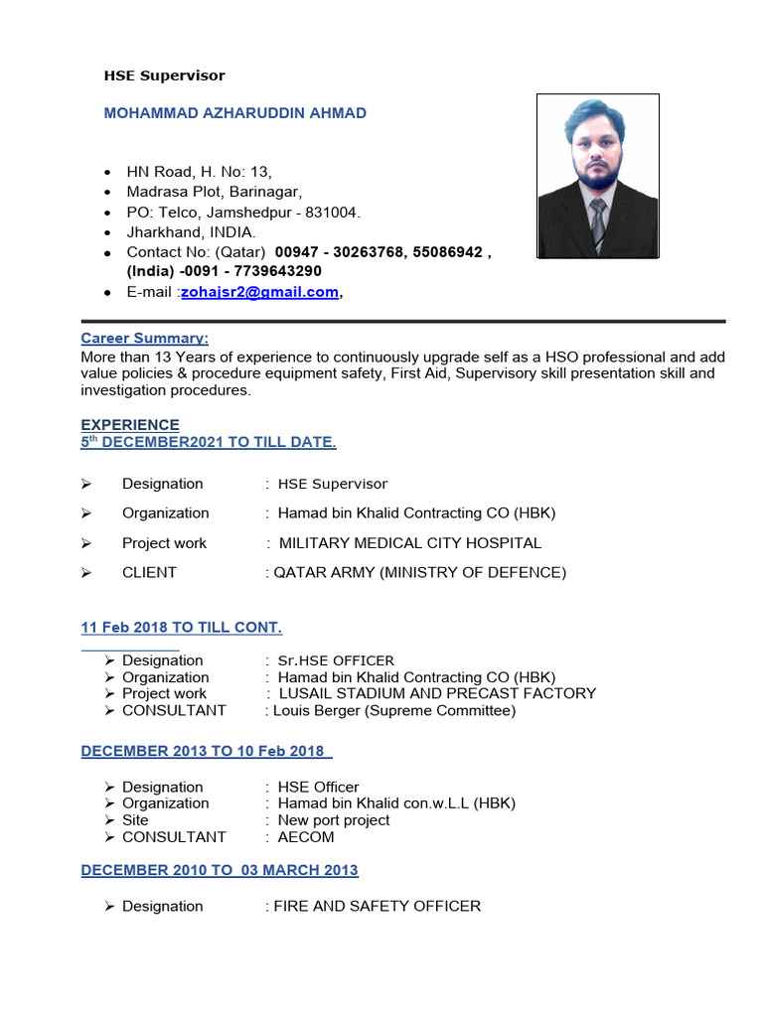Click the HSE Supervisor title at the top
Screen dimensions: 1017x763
pos(165,75)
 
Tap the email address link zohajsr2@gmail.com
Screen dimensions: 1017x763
pos(259,292)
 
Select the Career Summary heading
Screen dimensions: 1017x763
pos(145,339)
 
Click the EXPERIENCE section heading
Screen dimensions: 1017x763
pos(130,425)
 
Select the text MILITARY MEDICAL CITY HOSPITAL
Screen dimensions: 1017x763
pos(410,543)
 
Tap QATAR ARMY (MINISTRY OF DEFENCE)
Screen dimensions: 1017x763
pos(419,572)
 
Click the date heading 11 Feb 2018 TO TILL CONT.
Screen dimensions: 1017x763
pos(182,628)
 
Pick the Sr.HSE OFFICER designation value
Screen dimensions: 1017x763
pos(336,660)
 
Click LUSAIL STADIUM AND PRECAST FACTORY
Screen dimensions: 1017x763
pos(437,693)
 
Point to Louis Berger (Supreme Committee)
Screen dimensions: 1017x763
pos(394,710)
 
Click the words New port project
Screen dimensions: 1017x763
pos(334,820)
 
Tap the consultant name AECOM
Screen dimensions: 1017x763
pos(306,837)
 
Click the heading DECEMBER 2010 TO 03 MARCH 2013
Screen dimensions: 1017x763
pos(220,870)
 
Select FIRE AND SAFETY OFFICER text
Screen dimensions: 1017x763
pos(378,906)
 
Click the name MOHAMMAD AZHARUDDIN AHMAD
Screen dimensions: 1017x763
pos(235,113)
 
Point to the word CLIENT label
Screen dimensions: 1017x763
pos(149,572)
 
